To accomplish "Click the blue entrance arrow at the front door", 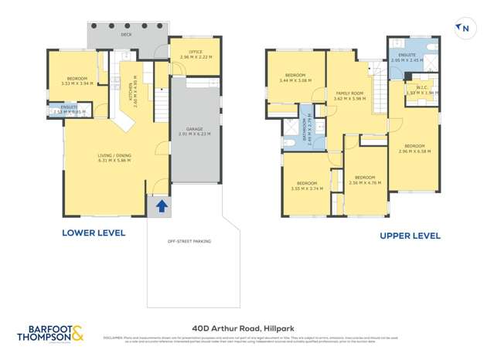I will pyautogui.click(x=162, y=205).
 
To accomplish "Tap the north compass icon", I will pyautogui.click(x=464, y=29).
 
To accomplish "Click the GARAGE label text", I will pyautogui.click(x=183, y=129).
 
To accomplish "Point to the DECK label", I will pyautogui.click(x=126, y=35).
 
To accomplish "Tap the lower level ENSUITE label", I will pyautogui.click(x=68, y=107).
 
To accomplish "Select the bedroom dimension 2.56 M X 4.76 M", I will pyautogui.click(x=365, y=183).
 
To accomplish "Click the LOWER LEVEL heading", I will pyautogui.click(x=94, y=232).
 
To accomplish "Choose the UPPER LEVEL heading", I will pyautogui.click(x=410, y=236).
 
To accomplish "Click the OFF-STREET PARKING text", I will pyautogui.click(x=189, y=241).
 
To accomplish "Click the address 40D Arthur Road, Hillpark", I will pyautogui.click(x=247, y=327).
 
